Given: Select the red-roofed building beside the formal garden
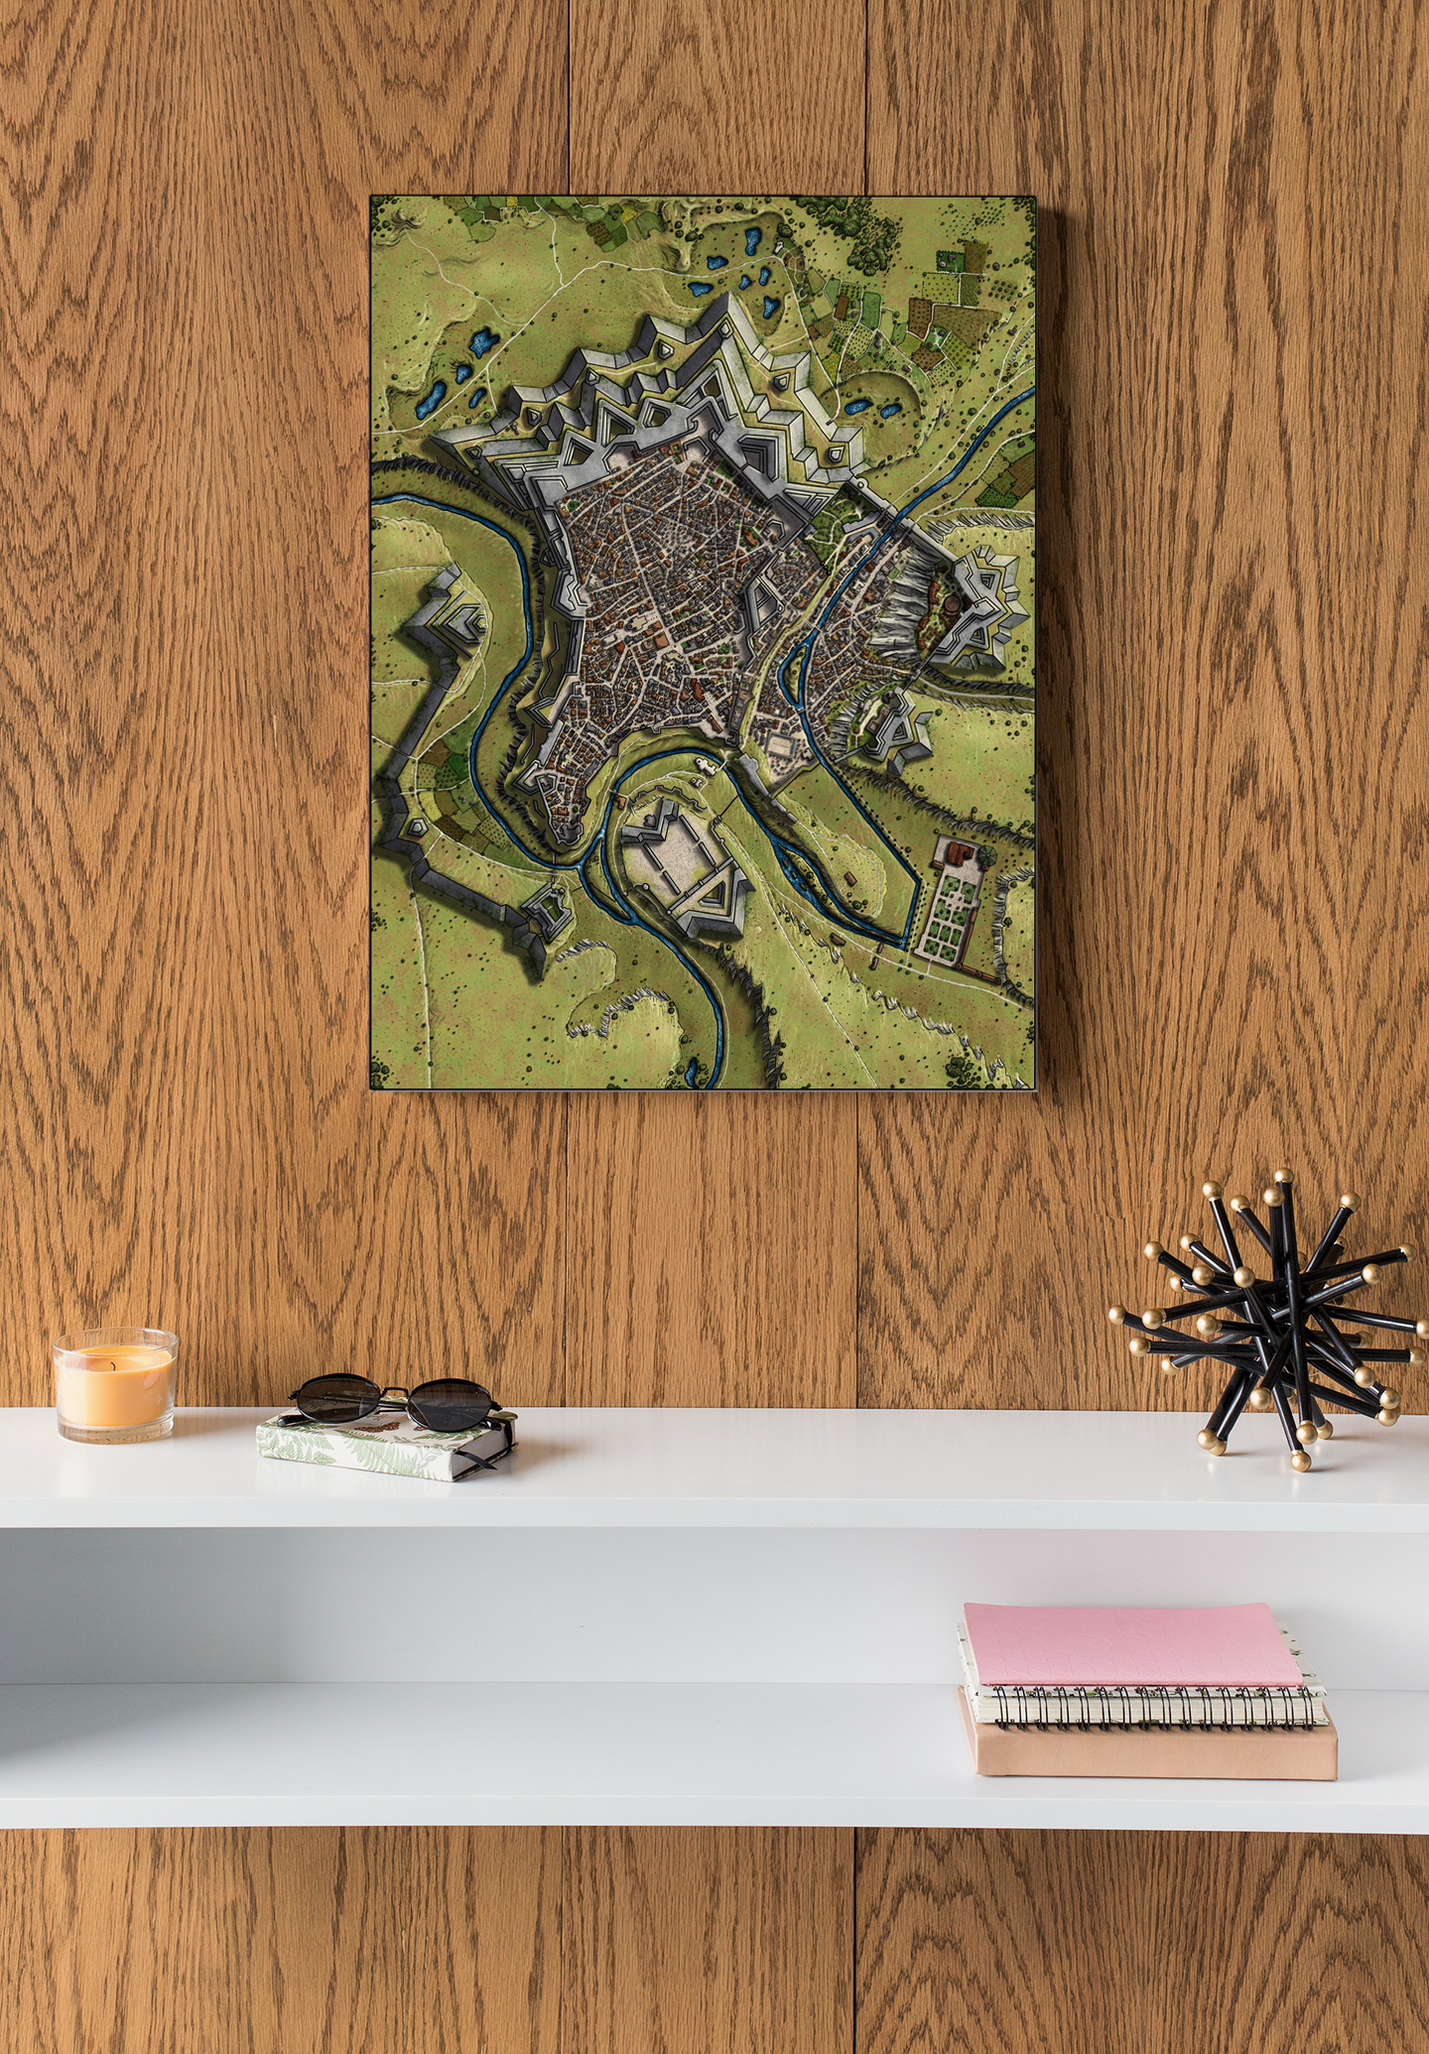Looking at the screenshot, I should (x=959, y=851).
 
